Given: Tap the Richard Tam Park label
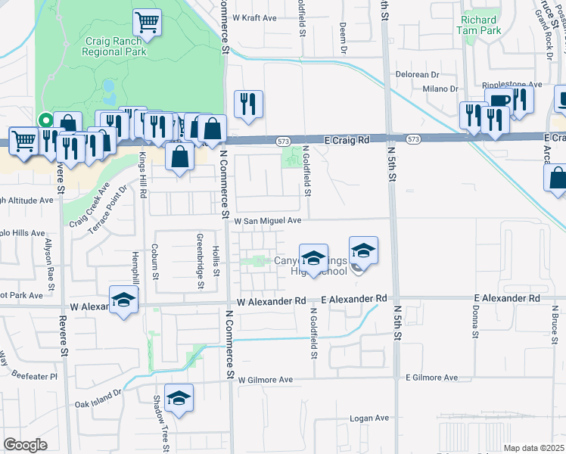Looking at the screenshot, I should [478, 26].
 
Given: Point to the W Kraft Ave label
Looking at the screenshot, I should [255, 17].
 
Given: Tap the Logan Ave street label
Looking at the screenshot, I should [369, 418].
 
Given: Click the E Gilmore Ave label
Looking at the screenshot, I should [432, 377].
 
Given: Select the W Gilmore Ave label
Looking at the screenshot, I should [266, 379].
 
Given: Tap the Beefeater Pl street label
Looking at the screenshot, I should [39, 375].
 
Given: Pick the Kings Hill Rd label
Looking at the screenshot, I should [141, 180].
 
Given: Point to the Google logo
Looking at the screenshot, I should [25, 446].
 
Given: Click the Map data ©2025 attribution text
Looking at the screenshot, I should [533, 448].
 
